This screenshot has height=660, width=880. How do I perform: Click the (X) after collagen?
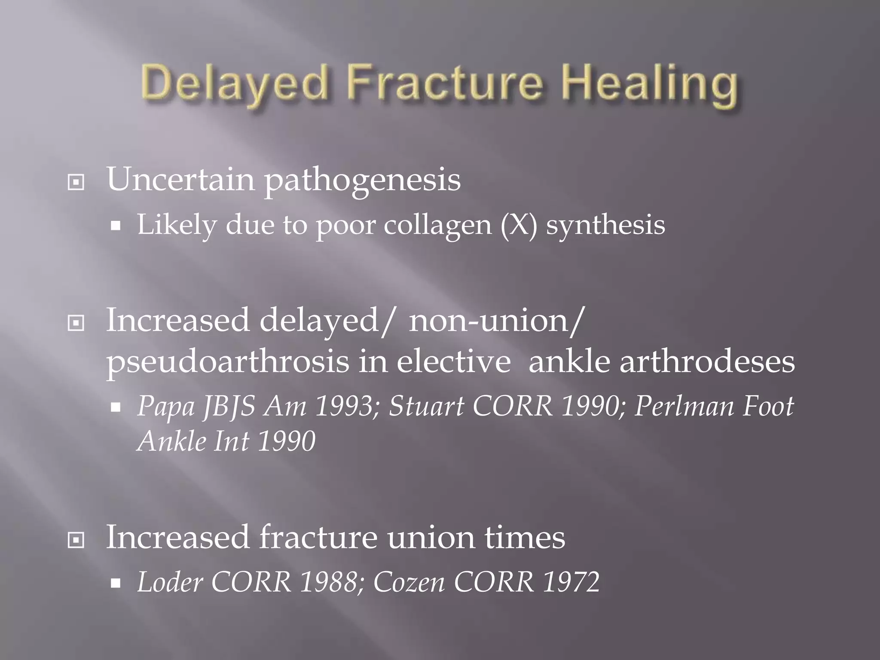tap(519, 224)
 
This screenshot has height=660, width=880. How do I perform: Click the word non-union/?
tap(496, 321)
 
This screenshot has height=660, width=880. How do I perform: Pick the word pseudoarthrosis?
tap(228, 362)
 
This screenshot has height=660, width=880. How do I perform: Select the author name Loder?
tap(170, 582)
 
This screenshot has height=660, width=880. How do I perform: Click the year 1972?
tap(571, 582)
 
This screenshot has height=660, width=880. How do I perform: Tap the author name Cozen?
tap(409, 582)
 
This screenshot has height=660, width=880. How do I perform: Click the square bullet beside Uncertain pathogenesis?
tap(76, 182)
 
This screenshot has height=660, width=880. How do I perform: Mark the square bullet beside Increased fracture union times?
tap(76, 540)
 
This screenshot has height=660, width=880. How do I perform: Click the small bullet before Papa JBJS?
tap(115, 407)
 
